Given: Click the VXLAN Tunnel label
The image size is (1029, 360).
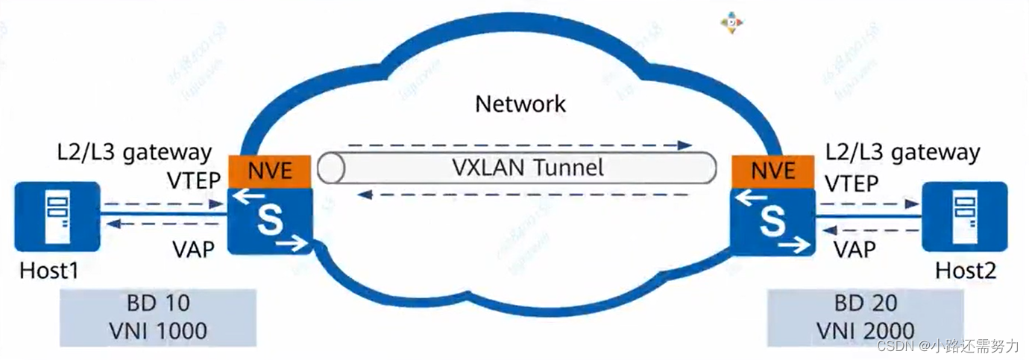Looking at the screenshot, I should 527,168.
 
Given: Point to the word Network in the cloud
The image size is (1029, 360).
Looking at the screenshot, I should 520,104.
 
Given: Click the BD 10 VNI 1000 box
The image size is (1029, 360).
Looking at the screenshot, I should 158,316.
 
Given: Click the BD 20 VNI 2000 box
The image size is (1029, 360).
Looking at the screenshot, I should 865,316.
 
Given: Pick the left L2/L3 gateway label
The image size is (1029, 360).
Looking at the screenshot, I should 135,152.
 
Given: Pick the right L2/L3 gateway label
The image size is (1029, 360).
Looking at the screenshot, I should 903,152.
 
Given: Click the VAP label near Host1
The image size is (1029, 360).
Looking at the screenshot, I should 193,248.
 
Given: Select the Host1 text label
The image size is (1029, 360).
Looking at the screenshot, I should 49,271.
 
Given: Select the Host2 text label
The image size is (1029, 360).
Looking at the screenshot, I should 966,271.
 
